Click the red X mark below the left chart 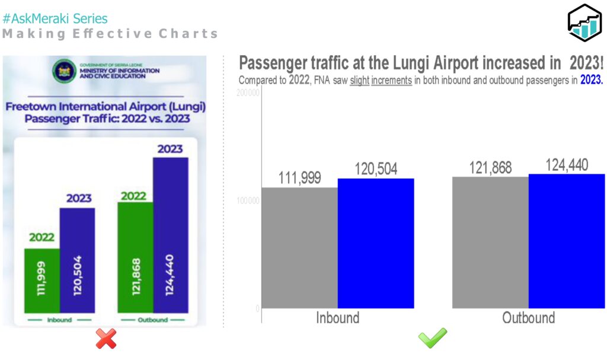point(106,339)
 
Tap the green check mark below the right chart point(433,339)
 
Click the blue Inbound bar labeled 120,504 point(376,243)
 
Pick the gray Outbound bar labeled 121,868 point(490,243)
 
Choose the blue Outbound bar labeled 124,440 point(567,241)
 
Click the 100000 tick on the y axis point(248,201)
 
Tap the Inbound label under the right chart point(337,318)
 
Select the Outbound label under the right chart point(529,318)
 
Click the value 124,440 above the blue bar point(567,165)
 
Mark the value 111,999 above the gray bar point(300,177)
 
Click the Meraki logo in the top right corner point(584,23)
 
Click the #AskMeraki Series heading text point(55,19)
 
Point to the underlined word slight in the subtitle point(359,81)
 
